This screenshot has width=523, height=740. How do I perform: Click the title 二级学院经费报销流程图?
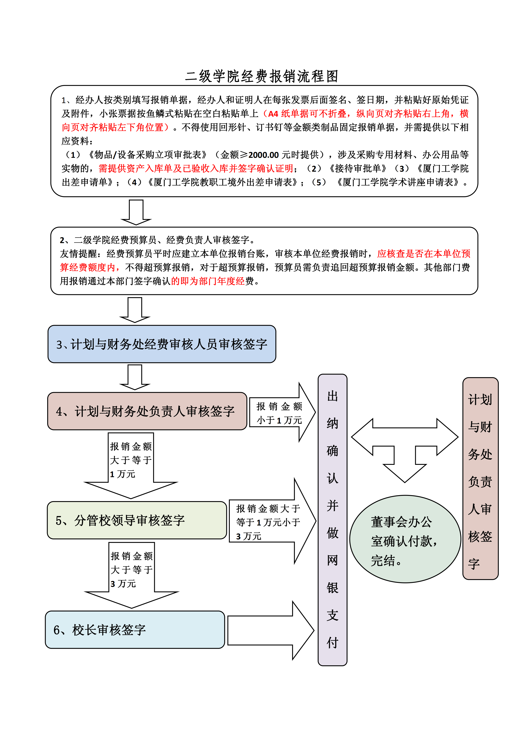pos(261,76)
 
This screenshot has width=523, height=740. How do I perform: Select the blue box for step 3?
pos(162,344)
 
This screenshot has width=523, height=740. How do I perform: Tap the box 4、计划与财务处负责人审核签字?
pos(147,411)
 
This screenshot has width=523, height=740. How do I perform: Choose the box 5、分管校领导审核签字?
pos(137,520)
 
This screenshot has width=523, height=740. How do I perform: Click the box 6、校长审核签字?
pos(135,629)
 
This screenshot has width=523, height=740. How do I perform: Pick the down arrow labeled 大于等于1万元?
pos(131,464)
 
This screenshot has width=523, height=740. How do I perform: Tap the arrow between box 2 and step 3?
pos(135,309)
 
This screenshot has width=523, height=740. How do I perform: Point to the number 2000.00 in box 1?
pos(263,155)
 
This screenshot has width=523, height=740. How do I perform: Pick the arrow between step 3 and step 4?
pos(135,377)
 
